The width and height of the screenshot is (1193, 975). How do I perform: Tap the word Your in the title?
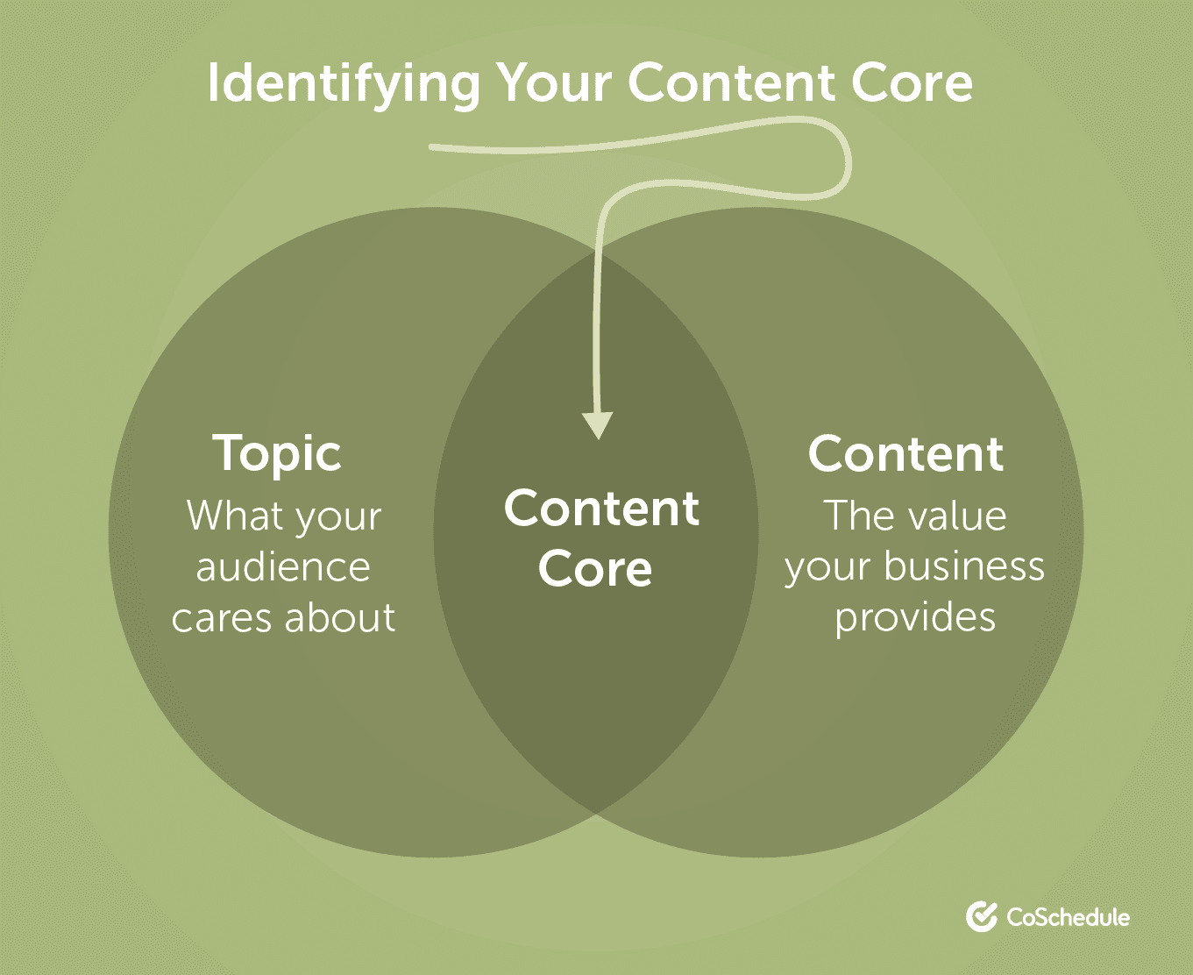pos(555,83)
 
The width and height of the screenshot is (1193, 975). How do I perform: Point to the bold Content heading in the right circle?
pos(905,454)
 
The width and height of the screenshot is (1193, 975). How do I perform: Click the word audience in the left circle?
pos(283,567)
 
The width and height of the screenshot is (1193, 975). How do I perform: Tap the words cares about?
pos(283,618)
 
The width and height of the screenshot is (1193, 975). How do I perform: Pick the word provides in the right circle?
pos(914,617)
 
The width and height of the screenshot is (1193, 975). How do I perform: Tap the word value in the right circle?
pos(957,516)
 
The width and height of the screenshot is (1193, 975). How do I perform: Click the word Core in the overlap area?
pos(595,569)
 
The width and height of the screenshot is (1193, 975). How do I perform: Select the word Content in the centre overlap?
pos(601,509)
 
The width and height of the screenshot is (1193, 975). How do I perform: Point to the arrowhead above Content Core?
pos(598,426)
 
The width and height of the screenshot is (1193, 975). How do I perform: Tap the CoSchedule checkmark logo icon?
pos(982,916)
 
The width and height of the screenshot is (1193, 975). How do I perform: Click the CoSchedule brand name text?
pos(1068,917)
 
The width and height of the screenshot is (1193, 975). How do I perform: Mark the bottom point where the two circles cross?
pos(596,814)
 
